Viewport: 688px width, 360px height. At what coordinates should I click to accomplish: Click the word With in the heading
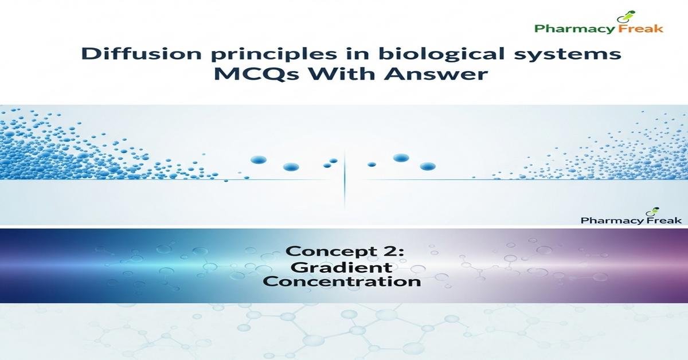tap(334, 75)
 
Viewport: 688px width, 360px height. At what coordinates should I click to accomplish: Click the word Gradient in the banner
tap(342, 267)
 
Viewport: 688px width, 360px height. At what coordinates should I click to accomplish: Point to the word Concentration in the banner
tap(342, 281)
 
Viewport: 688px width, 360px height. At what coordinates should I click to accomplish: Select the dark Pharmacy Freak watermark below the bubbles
tap(631, 220)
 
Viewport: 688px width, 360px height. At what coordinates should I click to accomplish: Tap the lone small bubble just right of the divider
tap(372, 165)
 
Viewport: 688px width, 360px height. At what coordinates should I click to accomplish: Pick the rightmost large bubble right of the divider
tap(428, 166)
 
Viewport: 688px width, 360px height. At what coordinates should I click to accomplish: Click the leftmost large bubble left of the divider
tap(257, 160)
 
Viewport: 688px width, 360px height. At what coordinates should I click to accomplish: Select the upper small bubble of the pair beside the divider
tap(333, 161)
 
